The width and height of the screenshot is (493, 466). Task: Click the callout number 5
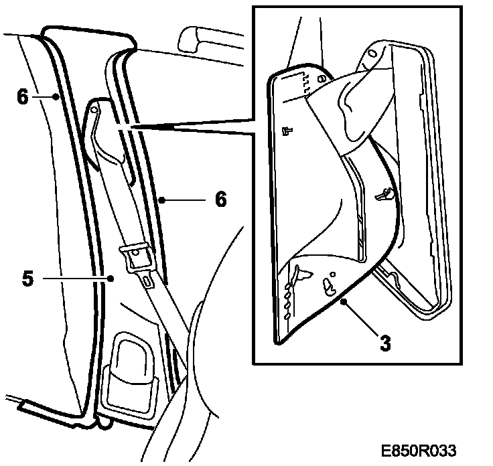coord(26,277)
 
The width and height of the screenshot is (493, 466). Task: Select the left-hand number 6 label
coord(23,96)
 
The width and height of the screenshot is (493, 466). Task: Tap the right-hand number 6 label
coord(220,200)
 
